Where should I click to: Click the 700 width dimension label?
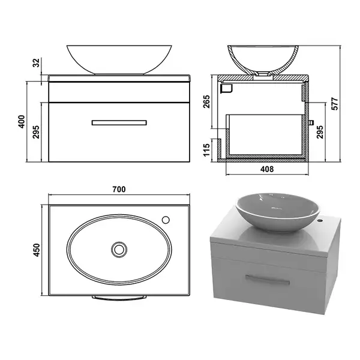point(119,189)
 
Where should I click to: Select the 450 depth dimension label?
point(36,250)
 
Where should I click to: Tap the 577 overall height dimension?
point(335,104)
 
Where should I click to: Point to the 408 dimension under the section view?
point(267,169)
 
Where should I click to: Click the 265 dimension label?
point(206,101)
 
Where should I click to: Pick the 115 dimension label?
point(206,150)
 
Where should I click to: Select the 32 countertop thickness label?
point(36,62)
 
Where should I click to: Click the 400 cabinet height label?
point(22,122)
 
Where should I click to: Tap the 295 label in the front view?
point(36,132)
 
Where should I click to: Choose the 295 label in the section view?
point(320,132)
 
